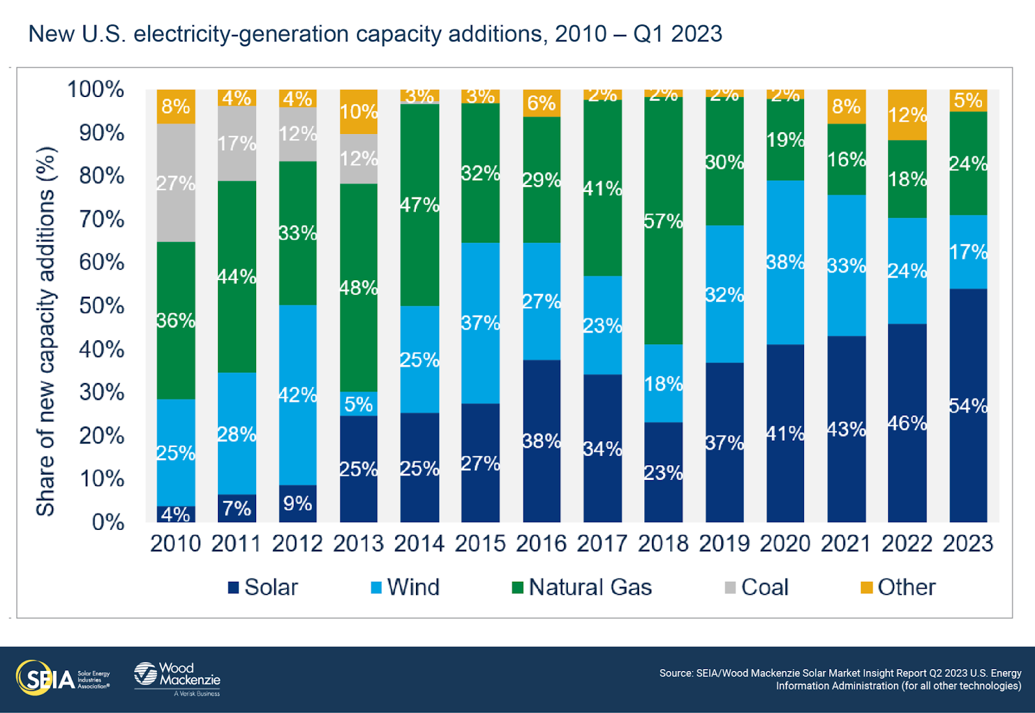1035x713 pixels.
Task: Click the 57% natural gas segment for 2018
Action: tap(663, 221)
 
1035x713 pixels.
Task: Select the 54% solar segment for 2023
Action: tap(968, 405)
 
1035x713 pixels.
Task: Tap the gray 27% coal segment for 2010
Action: tap(175, 182)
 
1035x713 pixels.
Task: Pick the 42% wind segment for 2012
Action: tap(297, 394)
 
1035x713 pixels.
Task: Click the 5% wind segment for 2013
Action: tap(358, 404)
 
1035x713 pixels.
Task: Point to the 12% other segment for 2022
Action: tap(907, 115)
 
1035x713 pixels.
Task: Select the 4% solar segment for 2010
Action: tap(175, 514)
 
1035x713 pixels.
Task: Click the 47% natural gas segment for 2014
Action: tap(419, 204)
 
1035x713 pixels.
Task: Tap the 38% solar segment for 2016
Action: tap(541, 441)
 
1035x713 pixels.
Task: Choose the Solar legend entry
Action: tap(263, 587)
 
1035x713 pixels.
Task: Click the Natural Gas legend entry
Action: tap(582, 587)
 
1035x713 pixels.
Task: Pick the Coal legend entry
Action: tap(756, 587)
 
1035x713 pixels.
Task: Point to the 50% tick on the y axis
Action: tap(102, 305)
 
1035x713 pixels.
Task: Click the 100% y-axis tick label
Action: tap(96, 89)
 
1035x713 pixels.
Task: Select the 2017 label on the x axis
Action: tap(602, 543)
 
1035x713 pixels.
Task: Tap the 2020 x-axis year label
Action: tap(785, 543)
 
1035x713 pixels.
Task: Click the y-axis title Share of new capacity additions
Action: tap(45, 331)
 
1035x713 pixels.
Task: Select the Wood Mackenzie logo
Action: tap(177, 678)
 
